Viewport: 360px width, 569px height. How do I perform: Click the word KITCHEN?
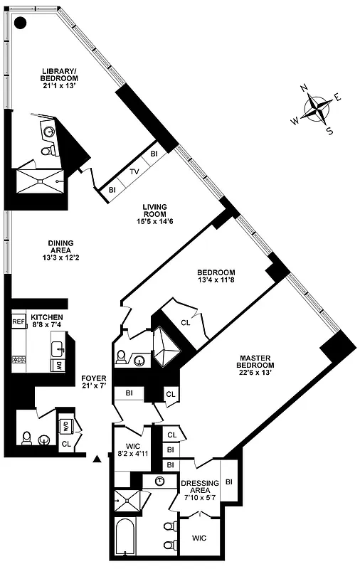click(46, 317)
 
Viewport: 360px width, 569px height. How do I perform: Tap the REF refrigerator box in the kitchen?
click(18, 322)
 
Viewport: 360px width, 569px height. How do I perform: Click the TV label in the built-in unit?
click(134, 171)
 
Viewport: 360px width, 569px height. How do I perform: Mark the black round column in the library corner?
click(21, 23)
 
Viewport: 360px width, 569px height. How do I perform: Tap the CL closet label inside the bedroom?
click(186, 322)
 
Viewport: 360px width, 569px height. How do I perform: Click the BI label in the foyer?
click(129, 392)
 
